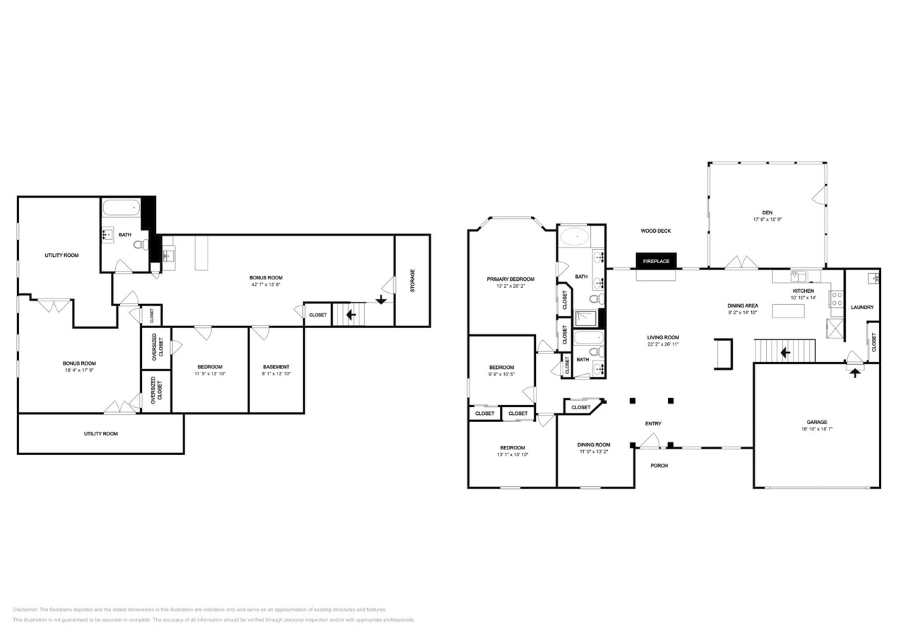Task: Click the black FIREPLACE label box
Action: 656,261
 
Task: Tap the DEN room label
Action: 767,212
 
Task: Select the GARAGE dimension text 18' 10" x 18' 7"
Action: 817,429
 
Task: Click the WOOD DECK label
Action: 655,231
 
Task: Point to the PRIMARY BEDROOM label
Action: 510,279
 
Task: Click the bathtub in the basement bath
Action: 121,208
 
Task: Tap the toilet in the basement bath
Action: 141,245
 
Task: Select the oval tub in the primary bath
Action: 577,237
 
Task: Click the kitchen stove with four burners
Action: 836,298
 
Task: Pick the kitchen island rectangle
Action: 788,310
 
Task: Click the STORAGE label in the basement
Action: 413,281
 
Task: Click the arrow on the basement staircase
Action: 351,315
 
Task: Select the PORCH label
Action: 659,465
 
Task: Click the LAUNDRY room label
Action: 862,307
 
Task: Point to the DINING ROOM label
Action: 593,445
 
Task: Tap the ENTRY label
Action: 653,423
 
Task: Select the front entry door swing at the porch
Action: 650,442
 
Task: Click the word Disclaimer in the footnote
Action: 25,610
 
